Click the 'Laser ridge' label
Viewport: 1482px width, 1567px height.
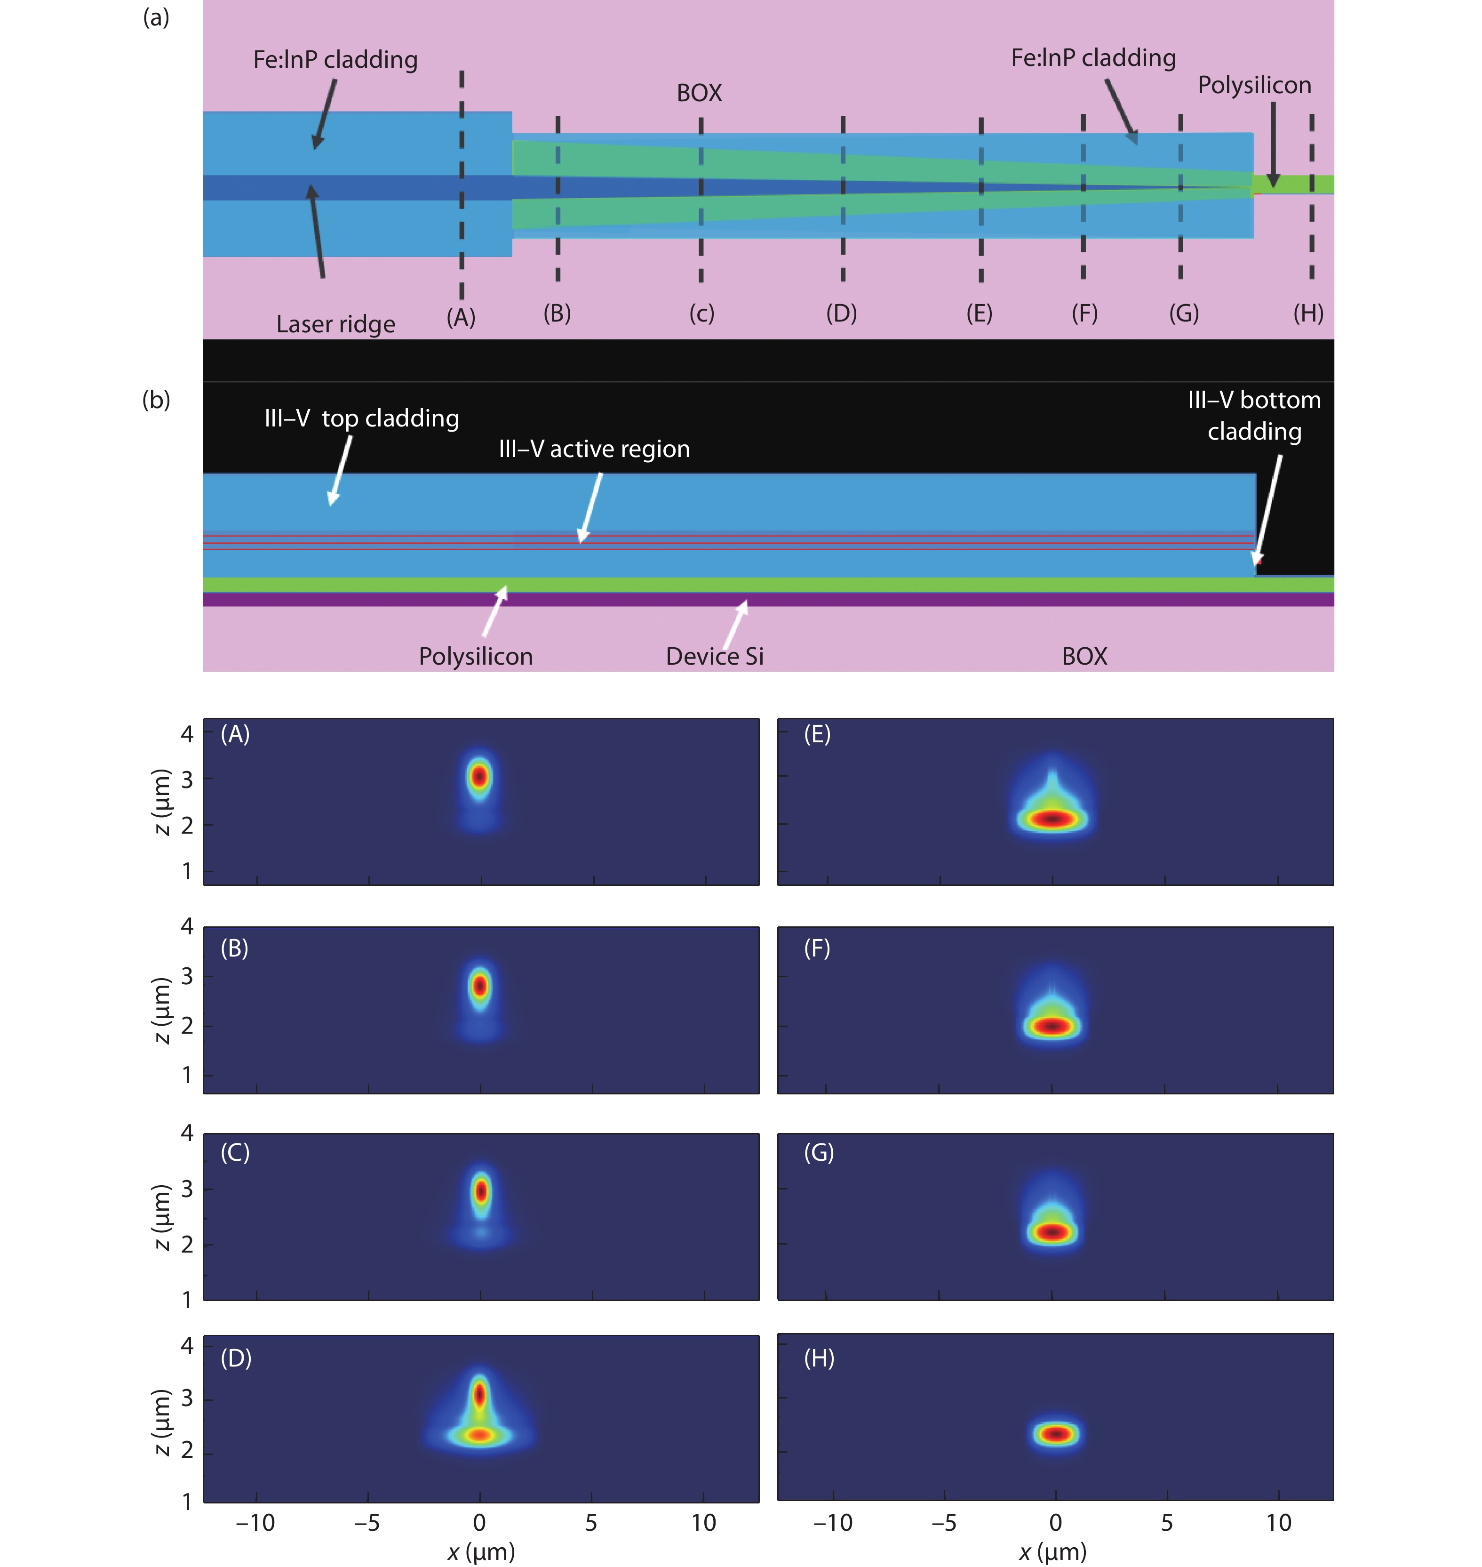[336, 324]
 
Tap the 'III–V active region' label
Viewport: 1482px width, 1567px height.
[594, 449]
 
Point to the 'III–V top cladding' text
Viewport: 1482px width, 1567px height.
[362, 418]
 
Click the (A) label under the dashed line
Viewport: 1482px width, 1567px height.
[462, 318]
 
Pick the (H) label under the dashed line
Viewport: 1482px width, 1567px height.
[1308, 313]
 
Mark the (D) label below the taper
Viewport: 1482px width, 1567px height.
[841, 313]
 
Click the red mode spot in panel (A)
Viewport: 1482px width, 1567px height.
[479, 776]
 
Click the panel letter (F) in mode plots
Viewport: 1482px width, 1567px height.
[817, 948]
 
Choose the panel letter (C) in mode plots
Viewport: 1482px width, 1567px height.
[235, 1152]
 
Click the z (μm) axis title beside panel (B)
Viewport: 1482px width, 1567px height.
[161, 1011]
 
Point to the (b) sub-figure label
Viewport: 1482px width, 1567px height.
[156, 400]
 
